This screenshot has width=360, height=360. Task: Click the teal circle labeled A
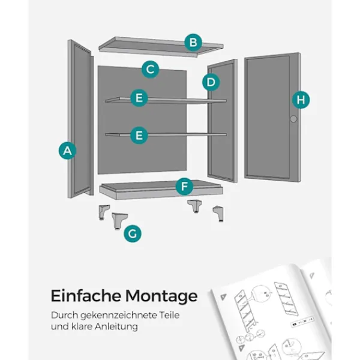pyautogui.click(x=67, y=151)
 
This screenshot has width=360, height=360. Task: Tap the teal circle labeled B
pyautogui.click(x=193, y=43)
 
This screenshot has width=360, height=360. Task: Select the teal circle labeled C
pyautogui.click(x=151, y=70)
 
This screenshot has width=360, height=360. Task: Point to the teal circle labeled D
pyautogui.click(x=211, y=82)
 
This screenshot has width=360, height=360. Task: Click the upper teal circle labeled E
pyautogui.click(x=139, y=98)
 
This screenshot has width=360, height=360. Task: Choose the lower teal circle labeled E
pyautogui.click(x=139, y=136)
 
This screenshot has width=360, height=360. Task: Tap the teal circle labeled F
pyautogui.click(x=185, y=187)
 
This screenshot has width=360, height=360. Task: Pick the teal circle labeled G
pyautogui.click(x=133, y=234)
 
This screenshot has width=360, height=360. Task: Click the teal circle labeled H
pyautogui.click(x=301, y=100)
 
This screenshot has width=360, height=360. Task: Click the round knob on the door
pyautogui.click(x=293, y=119)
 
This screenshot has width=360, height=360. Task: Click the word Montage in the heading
pyautogui.click(x=161, y=296)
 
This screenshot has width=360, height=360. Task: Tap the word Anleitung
pyautogui.click(x=116, y=327)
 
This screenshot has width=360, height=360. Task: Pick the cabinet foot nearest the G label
pyautogui.click(x=119, y=220)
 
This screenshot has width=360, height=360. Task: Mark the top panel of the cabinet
pyautogui.click(x=161, y=47)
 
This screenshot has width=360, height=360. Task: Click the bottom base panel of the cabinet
pyautogui.click(x=161, y=190)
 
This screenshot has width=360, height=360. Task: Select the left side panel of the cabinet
pyautogui.click(x=80, y=119)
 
